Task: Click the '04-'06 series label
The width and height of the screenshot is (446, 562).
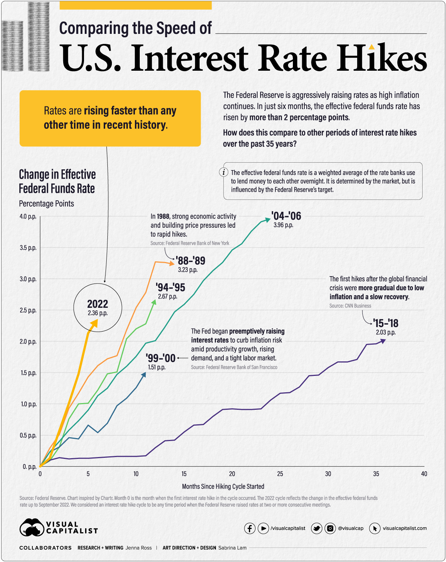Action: pyautogui.click(x=286, y=216)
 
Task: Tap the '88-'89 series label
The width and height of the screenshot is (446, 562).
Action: pyautogui.click(x=191, y=261)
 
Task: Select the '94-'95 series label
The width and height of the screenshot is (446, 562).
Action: pyautogui.click(x=171, y=287)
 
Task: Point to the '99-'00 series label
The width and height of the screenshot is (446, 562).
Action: pyautogui.click(x=161, y=358)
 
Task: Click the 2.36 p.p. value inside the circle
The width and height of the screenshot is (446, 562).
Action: pyautogui.click(x=98, y=313)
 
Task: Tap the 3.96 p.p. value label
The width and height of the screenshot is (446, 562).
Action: pyautogui.click(x=283, y=225)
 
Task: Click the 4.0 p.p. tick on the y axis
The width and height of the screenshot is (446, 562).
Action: pyautogui.click(x=28, y=217)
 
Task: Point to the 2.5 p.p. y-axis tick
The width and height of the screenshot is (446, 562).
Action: pyautogui.click(x=28, y=310)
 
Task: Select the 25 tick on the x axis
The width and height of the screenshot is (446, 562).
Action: pyautogui.click(x=280, y=474)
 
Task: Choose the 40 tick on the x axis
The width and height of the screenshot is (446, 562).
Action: pyautogui.click(x=424, y=474)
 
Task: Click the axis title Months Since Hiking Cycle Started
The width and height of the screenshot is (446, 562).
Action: pyautogui.click(x=223, y=486)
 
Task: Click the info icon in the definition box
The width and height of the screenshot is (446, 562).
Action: pyautogui.click(x=223, y=172)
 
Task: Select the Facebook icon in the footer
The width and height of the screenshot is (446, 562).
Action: pyautogui.click(x=249, y=528)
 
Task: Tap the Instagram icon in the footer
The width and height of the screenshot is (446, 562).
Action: pyautogui.click(x=330, y=528)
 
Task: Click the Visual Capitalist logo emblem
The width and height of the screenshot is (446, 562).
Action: pyautogui.click(x=32, y=527)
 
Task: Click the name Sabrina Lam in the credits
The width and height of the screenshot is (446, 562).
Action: pyautogui.click(x=232, y=548)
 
